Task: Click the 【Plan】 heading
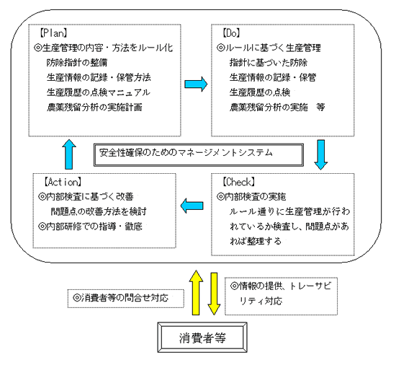pos(53,33)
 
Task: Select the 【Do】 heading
pos(231,33)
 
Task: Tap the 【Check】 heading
pos(239,182)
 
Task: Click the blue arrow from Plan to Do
pos(196,84)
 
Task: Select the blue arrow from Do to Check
pos(321,154)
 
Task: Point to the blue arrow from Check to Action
pos(192,206)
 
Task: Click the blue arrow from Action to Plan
pos(69,154)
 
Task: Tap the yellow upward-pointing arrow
pos(196,292)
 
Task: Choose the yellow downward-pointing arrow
pos(214,294)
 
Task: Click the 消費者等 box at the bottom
pos(202,338)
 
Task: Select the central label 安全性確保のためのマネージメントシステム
pos(186,153)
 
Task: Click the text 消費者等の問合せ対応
pos(120,298)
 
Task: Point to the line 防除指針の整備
pos(77,63)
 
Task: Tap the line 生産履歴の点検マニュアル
pos(99,92)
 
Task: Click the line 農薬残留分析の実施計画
pos(94,107)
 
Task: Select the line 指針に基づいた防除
pos(269,63)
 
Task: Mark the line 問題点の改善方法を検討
pos(99,211)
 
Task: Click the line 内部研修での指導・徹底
pos(90,226)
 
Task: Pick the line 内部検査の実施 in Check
pos(251,196)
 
